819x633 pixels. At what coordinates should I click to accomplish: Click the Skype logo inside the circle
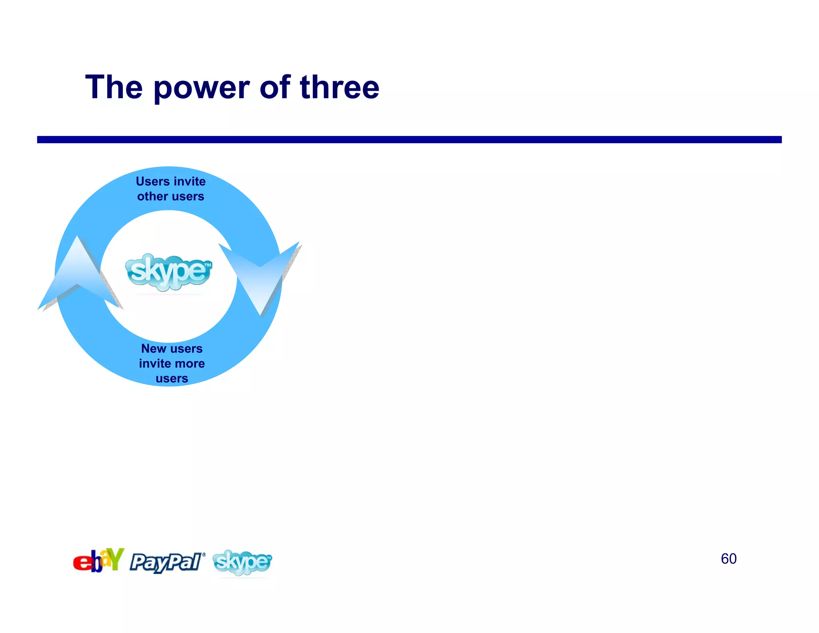[168, 272]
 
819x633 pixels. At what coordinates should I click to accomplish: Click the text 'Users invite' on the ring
[171, 181]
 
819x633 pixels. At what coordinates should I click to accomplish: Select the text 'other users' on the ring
[171, 196]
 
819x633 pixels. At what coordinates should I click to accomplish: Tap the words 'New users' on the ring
[172, 349]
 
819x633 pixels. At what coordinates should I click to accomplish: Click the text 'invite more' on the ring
[172, 363]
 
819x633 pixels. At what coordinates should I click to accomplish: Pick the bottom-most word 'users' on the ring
[172, 378]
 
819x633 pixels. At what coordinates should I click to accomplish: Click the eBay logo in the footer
[98, 561]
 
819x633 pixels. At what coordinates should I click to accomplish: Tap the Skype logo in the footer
[242, 562]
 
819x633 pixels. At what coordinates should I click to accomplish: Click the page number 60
[728, 559]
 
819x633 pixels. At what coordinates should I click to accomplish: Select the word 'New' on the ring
[154, 349]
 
